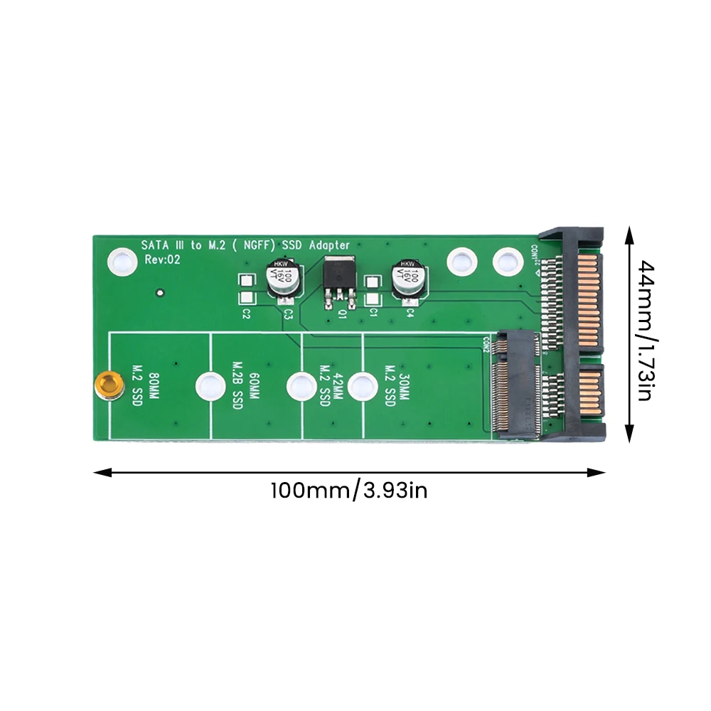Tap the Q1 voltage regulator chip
click(337, 279)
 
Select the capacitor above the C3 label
click(284, 279)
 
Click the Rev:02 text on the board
click(163, 260)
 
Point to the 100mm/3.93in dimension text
click(348, 491)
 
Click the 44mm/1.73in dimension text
click(644, 331)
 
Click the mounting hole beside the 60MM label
click(208, 387)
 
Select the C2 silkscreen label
click(247, 314)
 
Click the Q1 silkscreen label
click(343, 313)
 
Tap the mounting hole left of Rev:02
click(120, 262)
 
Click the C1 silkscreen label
click(373, 313)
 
